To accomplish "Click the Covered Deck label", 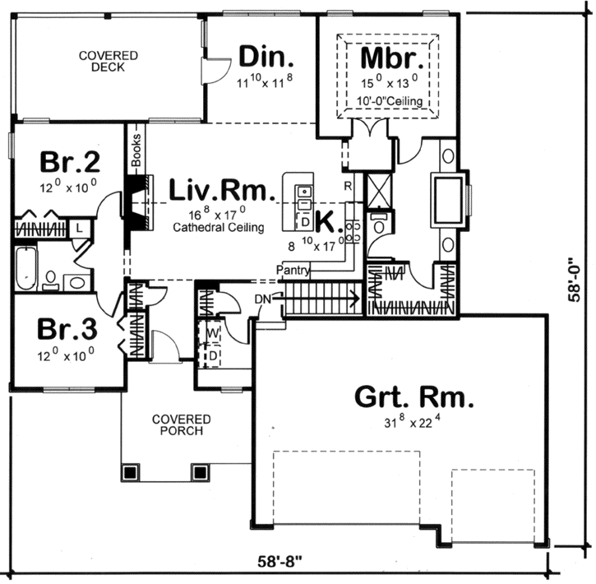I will point(108,62).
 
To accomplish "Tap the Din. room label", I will point(266,58).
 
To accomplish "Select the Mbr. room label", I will point(392,59).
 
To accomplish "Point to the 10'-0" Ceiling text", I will point(391,101).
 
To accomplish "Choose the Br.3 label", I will point(68,330).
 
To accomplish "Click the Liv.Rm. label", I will point(219,191).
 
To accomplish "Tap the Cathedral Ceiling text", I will point(219,228).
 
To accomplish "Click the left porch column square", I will point(129,472).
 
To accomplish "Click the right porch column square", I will point(199,472).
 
